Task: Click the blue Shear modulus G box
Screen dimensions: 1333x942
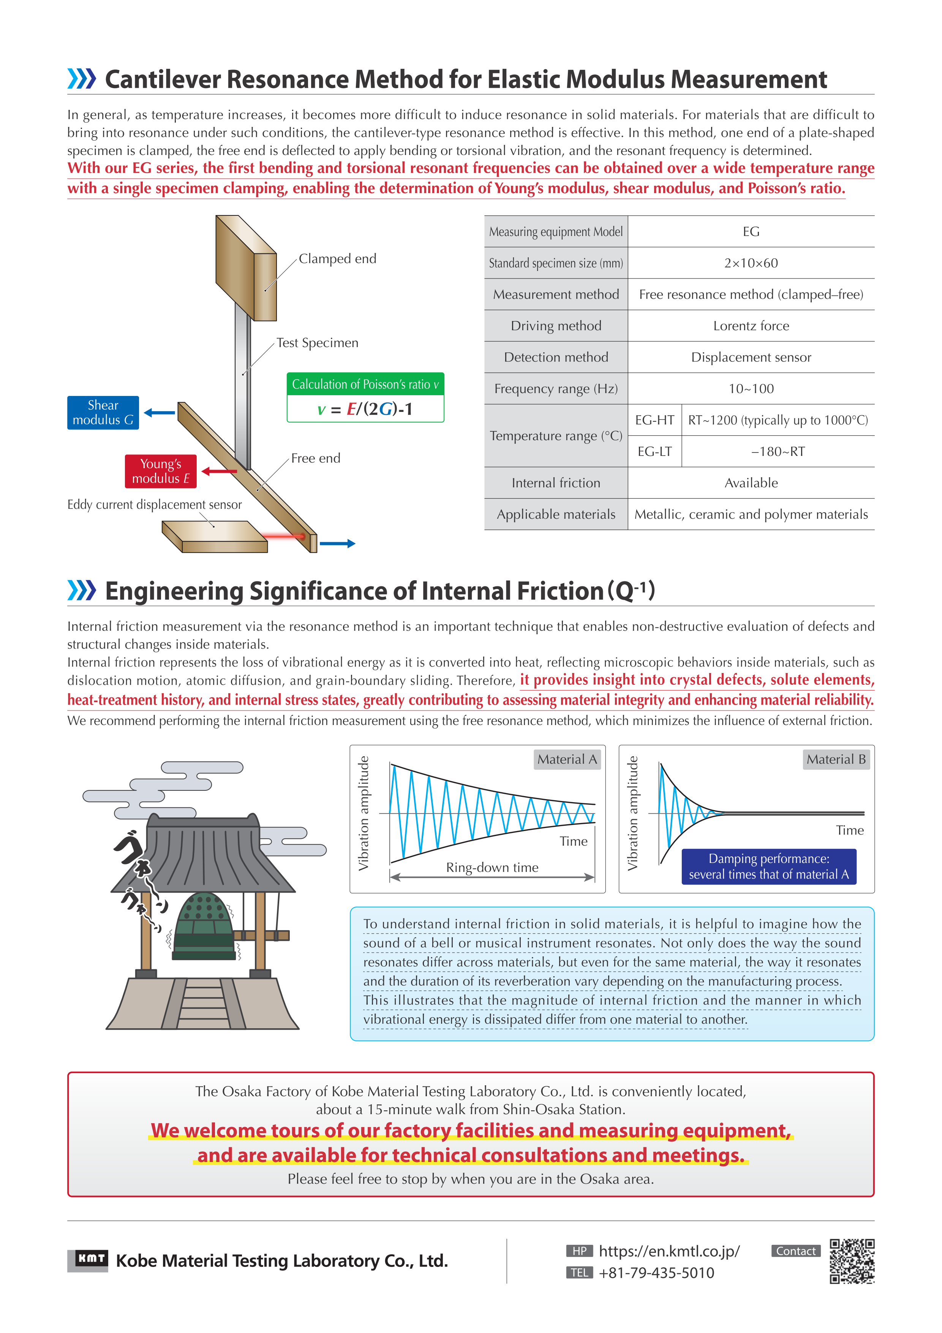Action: click(x=103, y=412)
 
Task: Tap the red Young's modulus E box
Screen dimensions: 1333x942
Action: click(x=160, y=471)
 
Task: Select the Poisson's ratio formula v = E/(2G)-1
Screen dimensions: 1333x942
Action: click(x=365, y=409)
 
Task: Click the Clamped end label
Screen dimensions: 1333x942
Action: click(x=337, y=258)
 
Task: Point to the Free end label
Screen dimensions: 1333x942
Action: click(x=315, y=458)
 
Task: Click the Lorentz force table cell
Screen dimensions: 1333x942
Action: click(x=751, y=326)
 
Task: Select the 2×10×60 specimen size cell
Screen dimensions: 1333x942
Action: click(x=751, y=263)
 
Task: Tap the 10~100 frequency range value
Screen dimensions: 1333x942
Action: click(x=751, y=388)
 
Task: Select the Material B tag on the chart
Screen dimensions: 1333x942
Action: click(x=836, y=759)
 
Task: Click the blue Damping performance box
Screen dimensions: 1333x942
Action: click(x=768, y=866)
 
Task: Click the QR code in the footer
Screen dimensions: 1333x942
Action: click(x=852, y=1261)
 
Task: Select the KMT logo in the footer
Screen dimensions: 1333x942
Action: click(x=88, y=1260)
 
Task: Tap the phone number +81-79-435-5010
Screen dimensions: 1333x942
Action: click(x=656, y=1273)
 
